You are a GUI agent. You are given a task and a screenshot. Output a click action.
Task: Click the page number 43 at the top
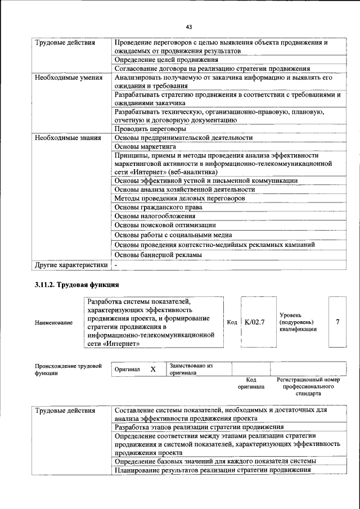tap(189, 26)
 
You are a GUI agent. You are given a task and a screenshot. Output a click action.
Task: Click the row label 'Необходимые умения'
tap(68, 78)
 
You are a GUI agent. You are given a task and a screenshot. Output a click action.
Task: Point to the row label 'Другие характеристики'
tap(71, 264)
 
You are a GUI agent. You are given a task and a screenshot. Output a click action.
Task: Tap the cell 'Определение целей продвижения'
tap(166, 60)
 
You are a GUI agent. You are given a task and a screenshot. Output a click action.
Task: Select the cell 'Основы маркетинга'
tap(145, 146)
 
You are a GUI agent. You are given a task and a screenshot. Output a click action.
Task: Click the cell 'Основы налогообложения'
tap(155, 216)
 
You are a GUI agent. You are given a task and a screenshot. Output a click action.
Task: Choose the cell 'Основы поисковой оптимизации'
tap(163, 226)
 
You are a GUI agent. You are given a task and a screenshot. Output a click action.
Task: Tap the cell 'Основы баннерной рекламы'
tap(158, 255)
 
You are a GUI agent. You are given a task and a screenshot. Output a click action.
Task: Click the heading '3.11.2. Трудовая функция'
tap(76, 285)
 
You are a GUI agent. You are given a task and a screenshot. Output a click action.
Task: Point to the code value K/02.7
tap(255, 322)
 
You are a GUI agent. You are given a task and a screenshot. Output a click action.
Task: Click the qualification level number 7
tap(337, 322)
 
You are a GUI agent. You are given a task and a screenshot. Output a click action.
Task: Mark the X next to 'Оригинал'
tap(152, 370)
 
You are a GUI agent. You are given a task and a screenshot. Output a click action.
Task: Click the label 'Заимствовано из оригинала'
tap(191, 369)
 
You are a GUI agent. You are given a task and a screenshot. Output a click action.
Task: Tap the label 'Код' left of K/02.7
tap(231, 322)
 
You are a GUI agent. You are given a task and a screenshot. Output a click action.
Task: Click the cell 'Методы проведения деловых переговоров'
tap(179, 199)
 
